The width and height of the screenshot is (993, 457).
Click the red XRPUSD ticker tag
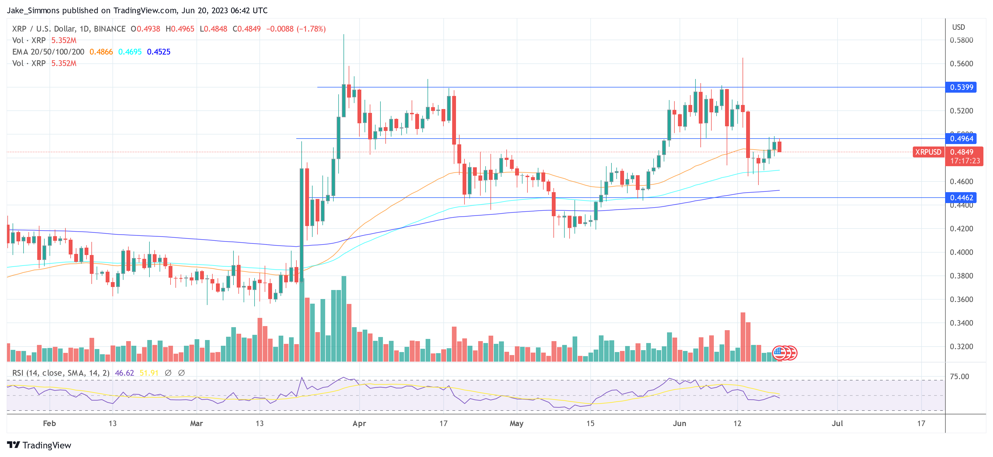click(928, 152)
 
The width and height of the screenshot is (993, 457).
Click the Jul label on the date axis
click(837, 423)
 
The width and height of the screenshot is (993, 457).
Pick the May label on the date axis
click(516, 423)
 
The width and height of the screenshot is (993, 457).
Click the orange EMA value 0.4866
click(101, 52)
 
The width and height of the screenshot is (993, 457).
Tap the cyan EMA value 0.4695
click(130, 52)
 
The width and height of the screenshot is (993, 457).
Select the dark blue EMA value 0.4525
click(158, 52)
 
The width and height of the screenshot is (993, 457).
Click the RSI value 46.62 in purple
click(124, 373)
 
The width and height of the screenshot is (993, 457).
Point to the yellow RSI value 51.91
click(149, 373)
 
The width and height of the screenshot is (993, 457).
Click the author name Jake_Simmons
click(33, 10)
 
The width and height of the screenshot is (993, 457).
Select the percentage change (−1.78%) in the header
click(311, 29)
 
